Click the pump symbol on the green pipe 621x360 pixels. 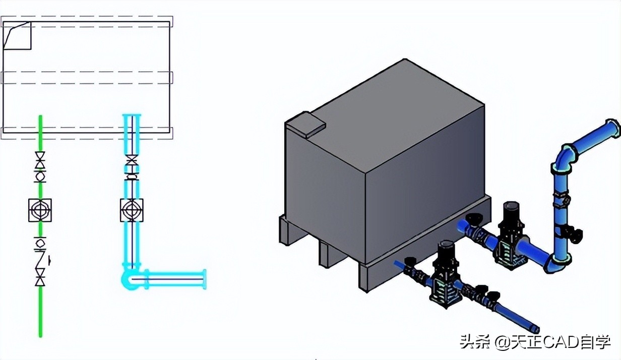coord(40,210)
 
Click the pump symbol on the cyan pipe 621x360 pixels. coord(132,210)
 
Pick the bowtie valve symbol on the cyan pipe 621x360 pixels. coord(132,162)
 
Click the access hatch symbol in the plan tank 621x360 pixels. coord(18,36)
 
